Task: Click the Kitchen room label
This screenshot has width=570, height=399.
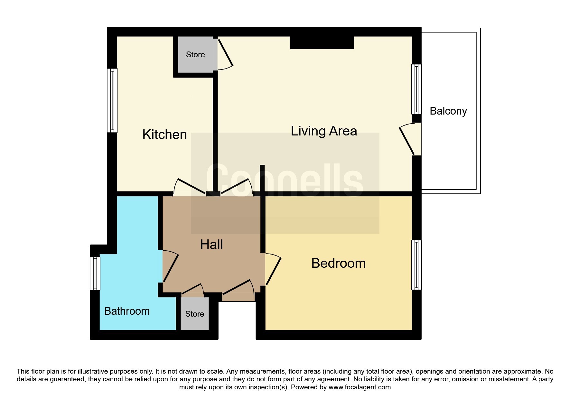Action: pyautogui.click(x=164, y=135)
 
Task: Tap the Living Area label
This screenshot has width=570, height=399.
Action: pyautogui.click(x=324, y=131)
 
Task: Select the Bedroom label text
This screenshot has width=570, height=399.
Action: pyautogui.click(x=338, y=263)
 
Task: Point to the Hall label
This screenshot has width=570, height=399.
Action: pyautogui.click(x=211, y=245)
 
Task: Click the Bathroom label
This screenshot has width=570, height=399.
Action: pyautogui.click(x=127, y=311)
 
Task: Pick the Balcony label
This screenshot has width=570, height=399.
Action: pyautogui.click(x=448, y=111)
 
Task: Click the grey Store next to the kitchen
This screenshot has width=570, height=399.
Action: pyautogui.click(x=195, y=55)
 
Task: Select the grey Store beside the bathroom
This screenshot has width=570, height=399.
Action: pyautogui.click(x=194, y=314)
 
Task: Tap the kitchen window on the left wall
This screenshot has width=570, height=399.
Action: pyautogui.click(x=112, y=100)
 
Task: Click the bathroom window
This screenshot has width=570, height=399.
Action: pyautogui.click(x=95, y=273)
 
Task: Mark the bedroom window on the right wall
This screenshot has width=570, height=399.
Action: pyautogui.click(x=416, y=265)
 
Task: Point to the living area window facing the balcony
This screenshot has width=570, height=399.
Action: pyautogui.click(x=416, y=89)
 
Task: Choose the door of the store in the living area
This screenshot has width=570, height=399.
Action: pyautogui.click(x=225, y=53)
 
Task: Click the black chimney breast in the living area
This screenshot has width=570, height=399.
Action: pyautogui.click(x=322, y=42)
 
